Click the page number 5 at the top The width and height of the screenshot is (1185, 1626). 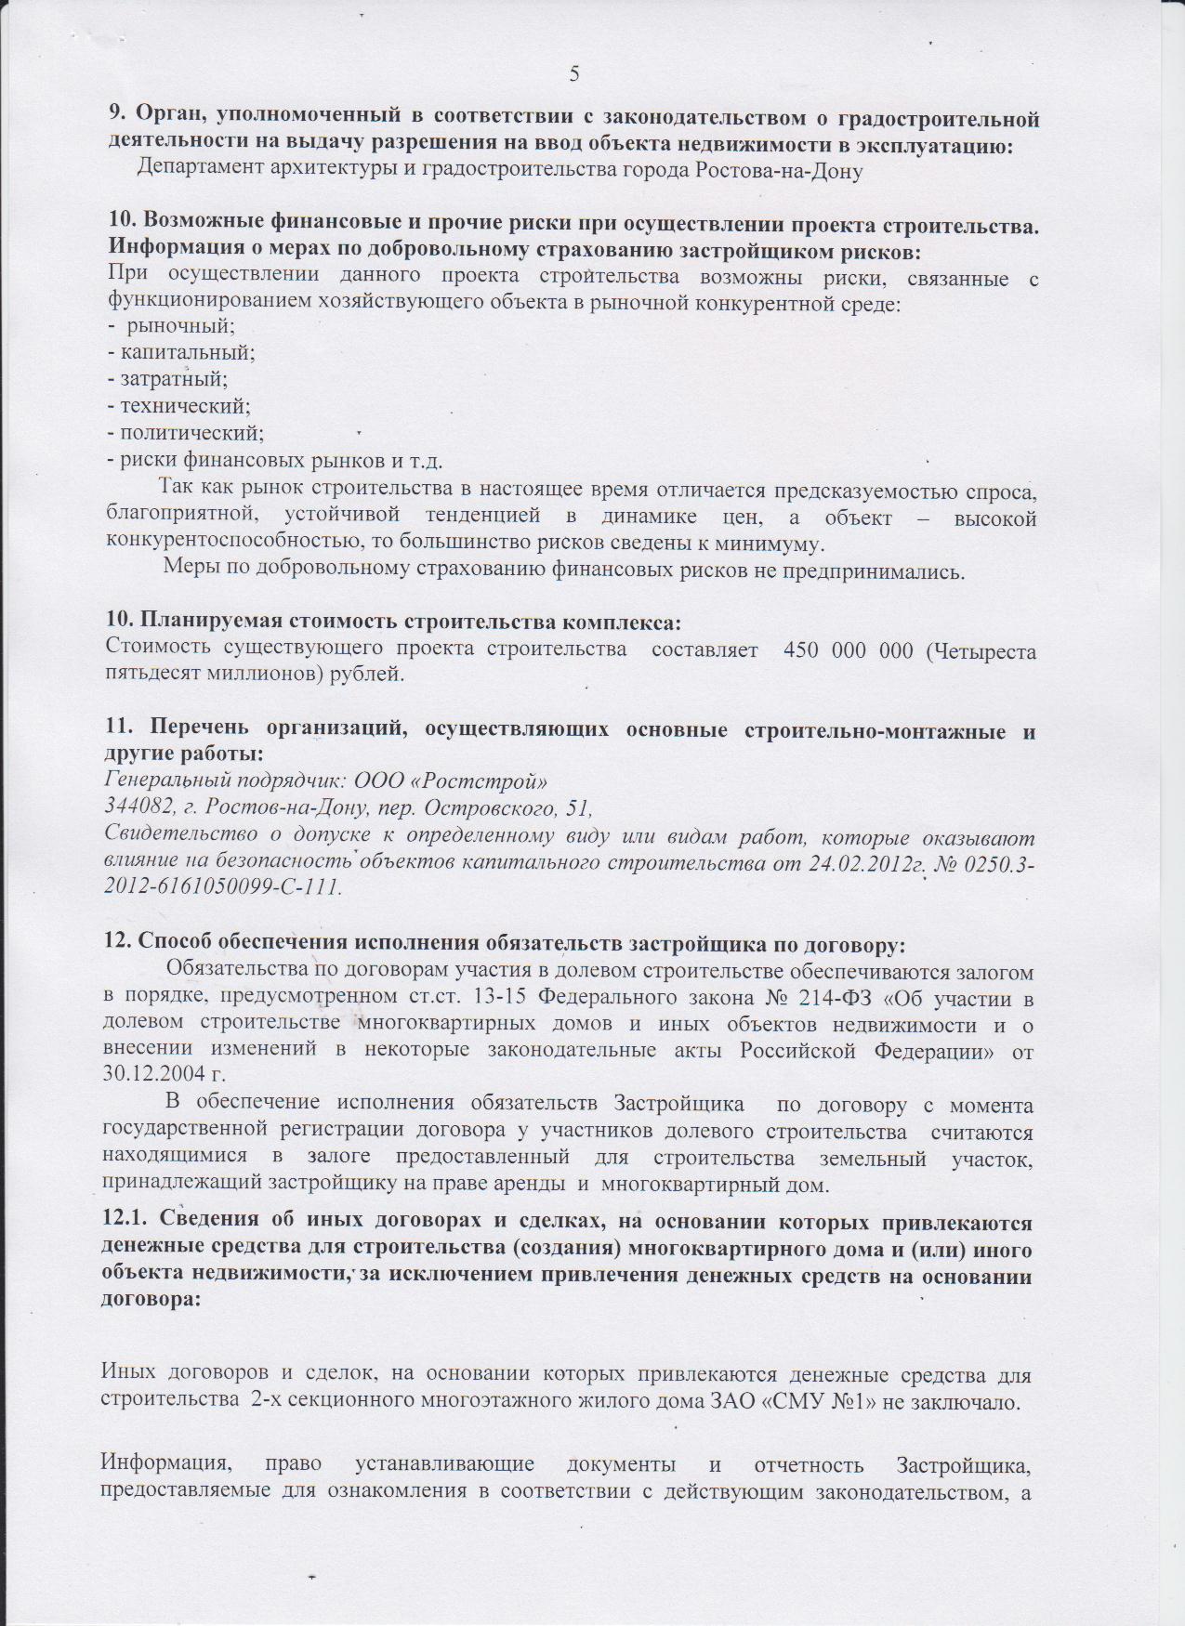574,74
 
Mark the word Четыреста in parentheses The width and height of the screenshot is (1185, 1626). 985,650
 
